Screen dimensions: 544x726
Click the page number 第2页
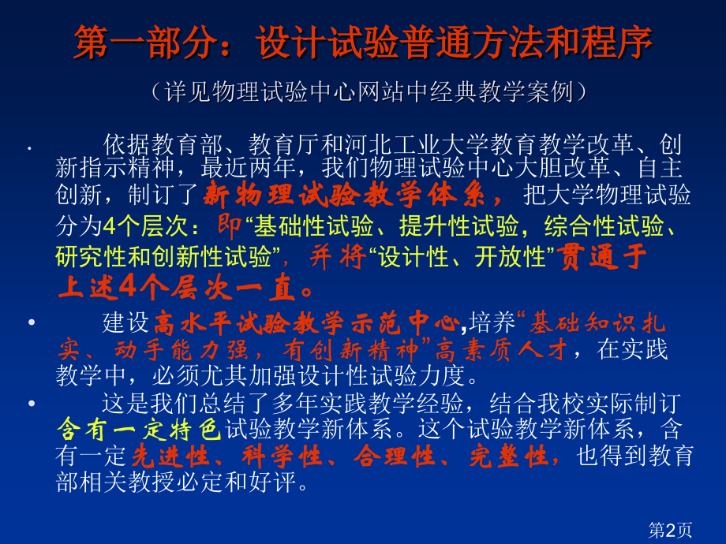(670, 530)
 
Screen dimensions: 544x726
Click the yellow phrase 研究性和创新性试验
(165, 257)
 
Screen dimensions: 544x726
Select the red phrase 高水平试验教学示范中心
(305, 322)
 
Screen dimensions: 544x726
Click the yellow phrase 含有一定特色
(139, 430)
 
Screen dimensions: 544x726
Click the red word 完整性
(515, 456)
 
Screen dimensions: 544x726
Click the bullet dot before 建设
(31, 322)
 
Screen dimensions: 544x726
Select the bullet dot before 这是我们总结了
(31, 404)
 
